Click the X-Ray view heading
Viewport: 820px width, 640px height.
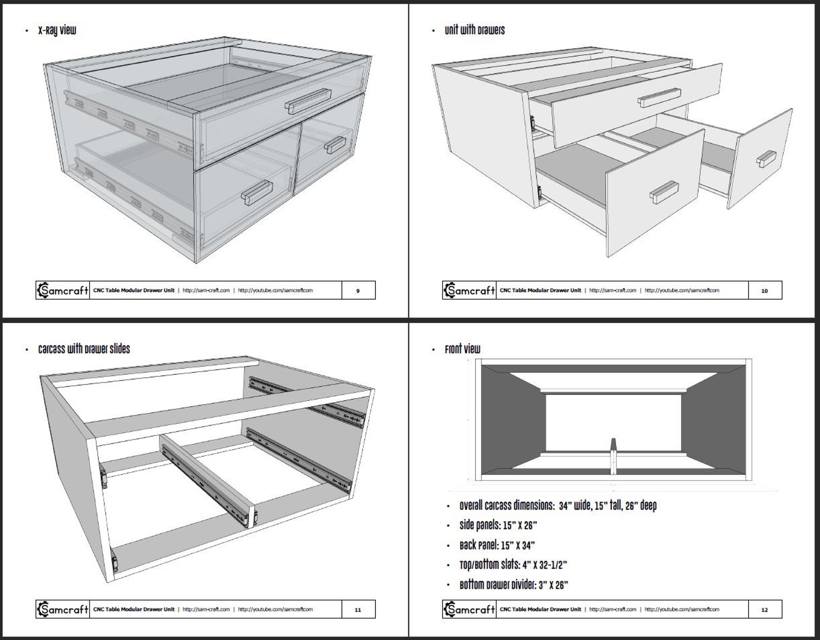point(57,31)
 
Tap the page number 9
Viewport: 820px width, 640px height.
point(358,291)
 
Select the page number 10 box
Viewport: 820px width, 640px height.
point(764,291)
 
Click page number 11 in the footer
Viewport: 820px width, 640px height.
point(358,609)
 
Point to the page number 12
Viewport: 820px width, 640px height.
point(764,609)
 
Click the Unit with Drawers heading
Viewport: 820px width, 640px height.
point(474,31)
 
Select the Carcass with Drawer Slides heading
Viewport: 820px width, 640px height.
point(84,349)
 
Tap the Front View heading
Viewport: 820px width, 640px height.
point(462,349)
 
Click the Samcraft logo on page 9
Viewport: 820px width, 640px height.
point(62,291)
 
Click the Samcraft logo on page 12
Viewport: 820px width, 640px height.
point(469,609)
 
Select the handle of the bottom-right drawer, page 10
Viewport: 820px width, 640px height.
point(767,159)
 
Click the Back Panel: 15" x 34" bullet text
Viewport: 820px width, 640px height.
point(497,545)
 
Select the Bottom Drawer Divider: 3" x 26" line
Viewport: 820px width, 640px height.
point(513,585)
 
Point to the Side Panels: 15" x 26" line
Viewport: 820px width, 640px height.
point(498,526)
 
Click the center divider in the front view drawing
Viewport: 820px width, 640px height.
point(613,457)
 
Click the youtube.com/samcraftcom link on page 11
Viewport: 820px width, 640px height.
point(275,609)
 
